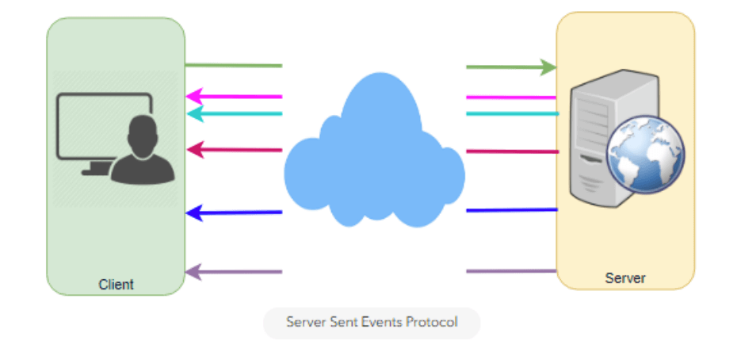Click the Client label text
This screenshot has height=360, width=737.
coord(116,284)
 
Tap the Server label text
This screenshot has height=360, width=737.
coord(625,278)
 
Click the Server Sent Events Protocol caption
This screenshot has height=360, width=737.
coord(372,323)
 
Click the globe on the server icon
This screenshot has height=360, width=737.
coord(645,155)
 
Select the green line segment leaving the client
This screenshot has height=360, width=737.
coord(233,66)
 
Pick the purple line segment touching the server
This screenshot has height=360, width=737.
coord(511,272)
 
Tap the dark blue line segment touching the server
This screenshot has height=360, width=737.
coord(511,210)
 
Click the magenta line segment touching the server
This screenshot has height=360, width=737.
coord(511,97)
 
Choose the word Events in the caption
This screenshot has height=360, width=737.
coord(381,323)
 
